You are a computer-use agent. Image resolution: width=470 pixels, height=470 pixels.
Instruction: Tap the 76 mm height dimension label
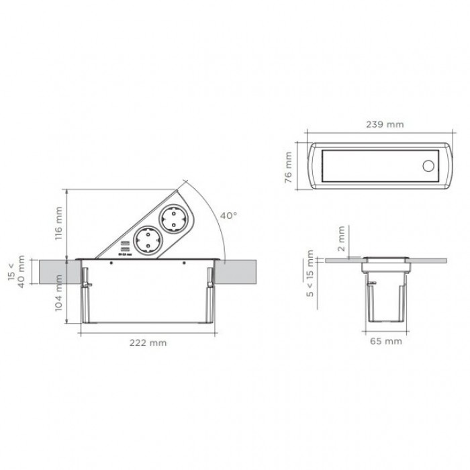click(x=289, y=167)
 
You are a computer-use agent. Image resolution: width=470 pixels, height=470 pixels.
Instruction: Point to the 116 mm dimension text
click(x=58, y=224)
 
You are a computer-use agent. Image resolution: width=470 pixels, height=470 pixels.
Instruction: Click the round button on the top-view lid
click(x=427, y=166)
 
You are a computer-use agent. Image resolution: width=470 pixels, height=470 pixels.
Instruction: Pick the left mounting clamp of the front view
click(x=86, y=281)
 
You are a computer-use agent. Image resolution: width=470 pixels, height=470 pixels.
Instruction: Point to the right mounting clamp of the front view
click(x=210, y=281)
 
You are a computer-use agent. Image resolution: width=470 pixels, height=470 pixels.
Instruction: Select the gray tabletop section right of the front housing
click(x=242, y=271)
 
